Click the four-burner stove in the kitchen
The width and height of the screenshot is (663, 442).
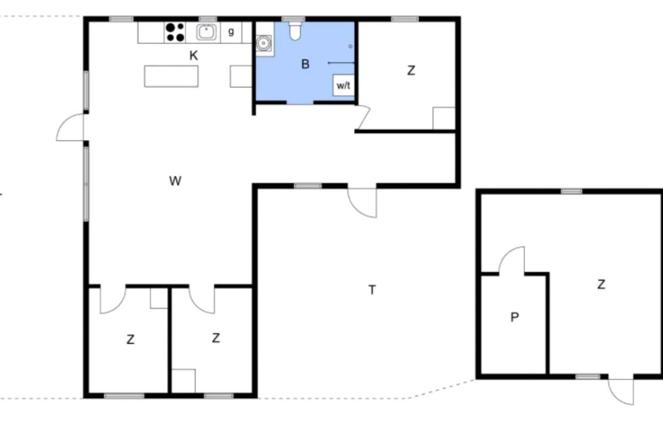(175, 32)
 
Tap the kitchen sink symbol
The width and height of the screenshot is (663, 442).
(206, 32)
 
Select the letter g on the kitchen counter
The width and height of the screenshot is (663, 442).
(231, 31)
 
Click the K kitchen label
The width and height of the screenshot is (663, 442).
(193, 55)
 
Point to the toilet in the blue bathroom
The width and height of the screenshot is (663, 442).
(295, 31)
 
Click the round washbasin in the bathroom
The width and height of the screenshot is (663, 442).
(263, 44)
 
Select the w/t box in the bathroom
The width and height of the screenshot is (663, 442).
(343, 85)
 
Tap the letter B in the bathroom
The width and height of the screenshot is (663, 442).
(305, 64)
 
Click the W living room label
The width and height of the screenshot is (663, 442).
(175, 181)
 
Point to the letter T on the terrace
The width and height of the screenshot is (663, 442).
(372, 290)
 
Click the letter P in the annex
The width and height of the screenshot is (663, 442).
(515, 317)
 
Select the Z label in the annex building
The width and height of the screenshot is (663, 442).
(601, 285)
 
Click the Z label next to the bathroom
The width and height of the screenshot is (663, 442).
(411, 71)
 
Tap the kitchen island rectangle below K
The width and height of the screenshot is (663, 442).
(171, 76)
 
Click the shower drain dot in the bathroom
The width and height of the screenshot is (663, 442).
(350, 46)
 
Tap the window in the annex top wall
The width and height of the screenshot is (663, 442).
(571, 192)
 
